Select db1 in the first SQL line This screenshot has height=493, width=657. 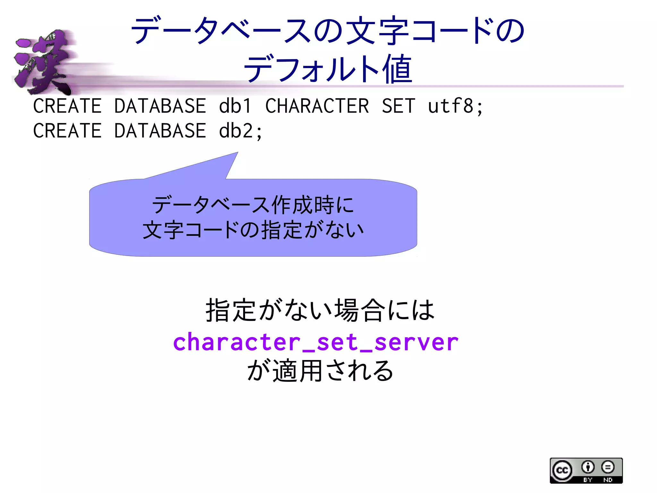tap(235, 106)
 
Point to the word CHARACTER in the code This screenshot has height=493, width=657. tap(317, 106)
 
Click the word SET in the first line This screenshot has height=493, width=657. tap(398, 106)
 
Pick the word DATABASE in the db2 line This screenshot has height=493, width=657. tap(160, 131)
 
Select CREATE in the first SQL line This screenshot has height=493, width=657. tap(67, 106)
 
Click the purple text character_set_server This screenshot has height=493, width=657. tap(316, 342)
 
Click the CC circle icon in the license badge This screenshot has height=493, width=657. tap(562, 471)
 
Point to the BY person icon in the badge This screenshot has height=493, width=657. tap(588, 467)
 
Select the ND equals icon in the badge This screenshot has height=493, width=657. tap(608, 467)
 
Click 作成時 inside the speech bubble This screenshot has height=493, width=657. tap(303, 205)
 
